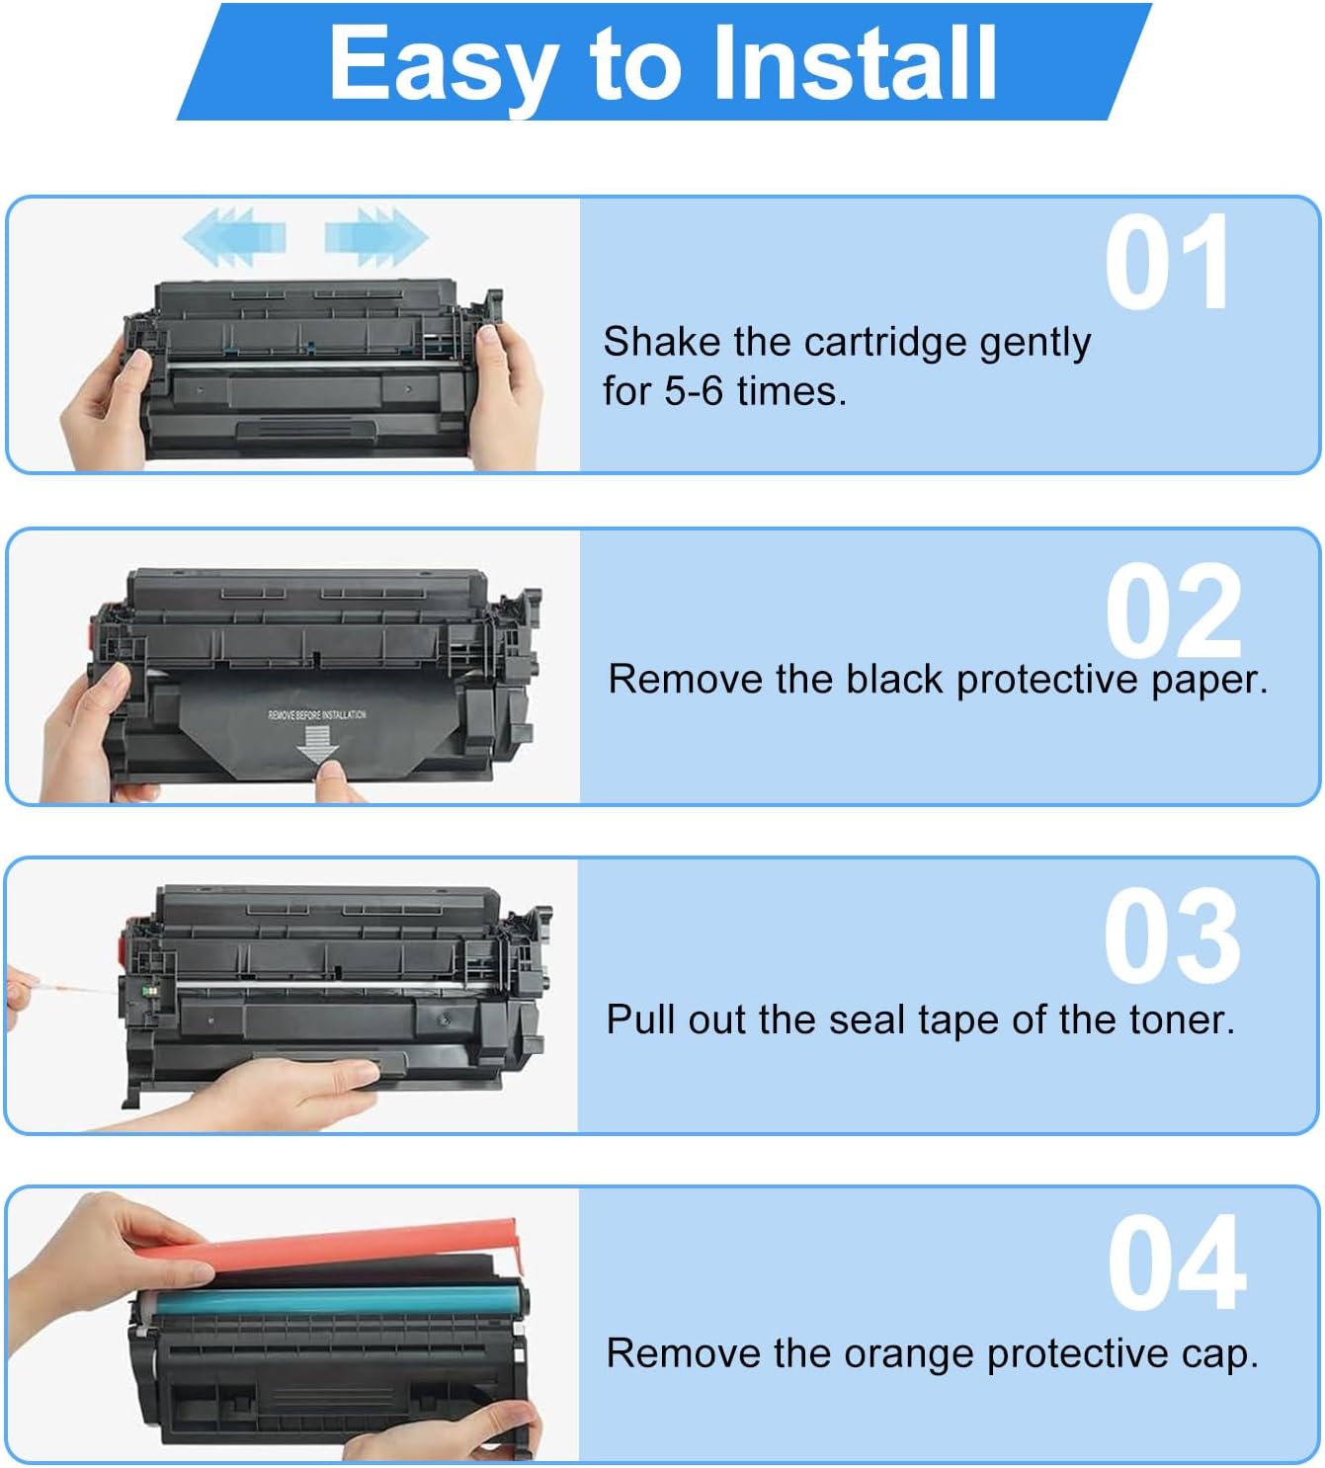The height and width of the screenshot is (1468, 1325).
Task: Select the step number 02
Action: tap(1173, 612)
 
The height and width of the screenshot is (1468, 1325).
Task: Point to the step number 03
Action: tap(1172, 938)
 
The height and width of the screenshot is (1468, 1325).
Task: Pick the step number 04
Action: tap(1176, 1264)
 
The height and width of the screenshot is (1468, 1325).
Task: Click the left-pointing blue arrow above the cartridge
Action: tap(235, 237)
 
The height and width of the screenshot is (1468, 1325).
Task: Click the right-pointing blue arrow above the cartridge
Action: tap(375, 237)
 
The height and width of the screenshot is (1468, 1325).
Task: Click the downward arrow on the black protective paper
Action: tap(318, 745)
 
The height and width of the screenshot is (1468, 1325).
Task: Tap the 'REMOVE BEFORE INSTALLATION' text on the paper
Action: tap(316, 714)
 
